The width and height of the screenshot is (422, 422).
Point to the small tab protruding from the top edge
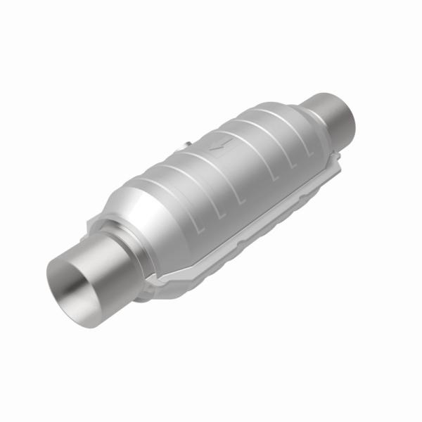click(184, 146)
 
